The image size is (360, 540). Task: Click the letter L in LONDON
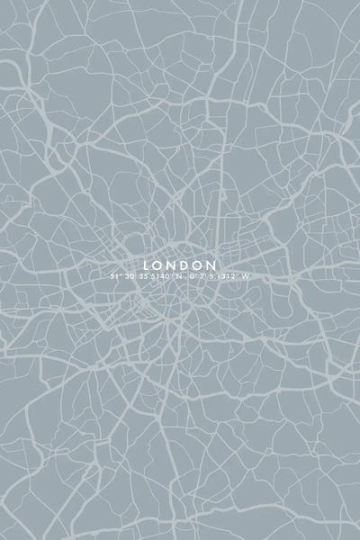click(x=147, y=265)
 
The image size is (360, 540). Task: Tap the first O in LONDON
click(x=159, y=265)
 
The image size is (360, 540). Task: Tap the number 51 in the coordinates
click(x=115, y=276)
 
